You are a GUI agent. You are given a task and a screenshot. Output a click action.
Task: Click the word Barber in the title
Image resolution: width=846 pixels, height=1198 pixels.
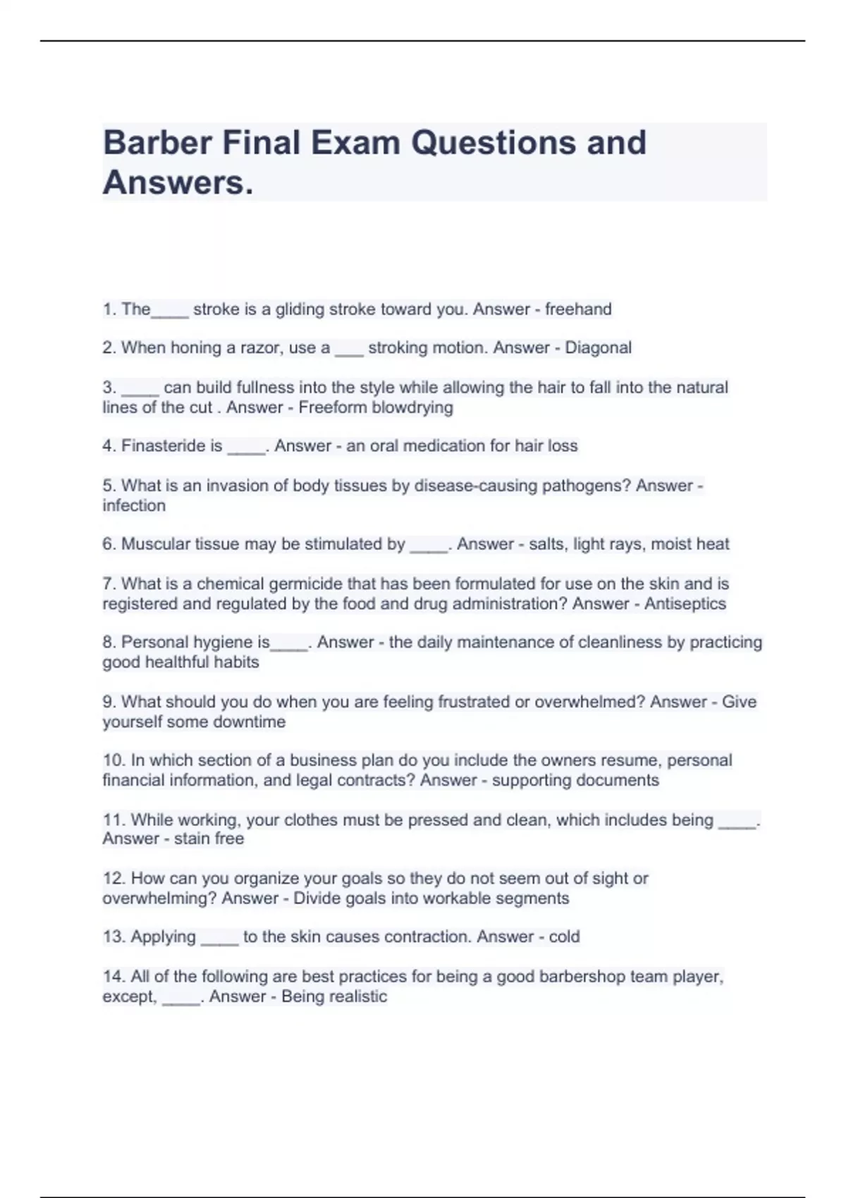(157, 143)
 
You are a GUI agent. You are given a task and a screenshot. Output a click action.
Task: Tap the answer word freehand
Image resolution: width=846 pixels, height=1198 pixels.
(578, 309)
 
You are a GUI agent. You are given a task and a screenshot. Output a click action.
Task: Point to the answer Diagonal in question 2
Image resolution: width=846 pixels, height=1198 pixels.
(598, 348)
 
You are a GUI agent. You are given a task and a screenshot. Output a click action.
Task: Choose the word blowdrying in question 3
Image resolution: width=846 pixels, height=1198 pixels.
(412, 408)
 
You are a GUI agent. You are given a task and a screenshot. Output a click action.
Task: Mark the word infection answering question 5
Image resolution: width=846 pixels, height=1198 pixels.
(134, 506)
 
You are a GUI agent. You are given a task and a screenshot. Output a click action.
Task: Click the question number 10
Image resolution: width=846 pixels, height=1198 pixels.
(114, 760)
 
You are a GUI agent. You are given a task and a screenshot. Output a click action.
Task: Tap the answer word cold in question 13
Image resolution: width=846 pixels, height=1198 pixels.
(564, 937)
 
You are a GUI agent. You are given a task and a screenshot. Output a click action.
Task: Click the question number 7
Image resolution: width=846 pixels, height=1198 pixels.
(109, 584)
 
